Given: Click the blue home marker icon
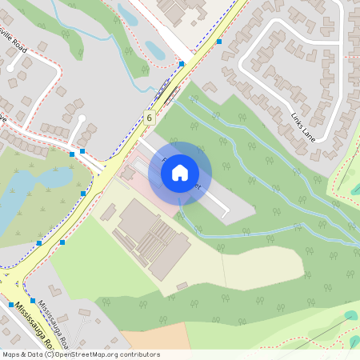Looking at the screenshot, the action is (180, 172).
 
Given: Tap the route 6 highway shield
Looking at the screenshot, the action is (150, 118).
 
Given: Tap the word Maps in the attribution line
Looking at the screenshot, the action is (11, 354).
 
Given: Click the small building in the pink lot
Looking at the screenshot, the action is (128, 173).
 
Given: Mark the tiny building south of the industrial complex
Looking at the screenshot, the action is (182, 286).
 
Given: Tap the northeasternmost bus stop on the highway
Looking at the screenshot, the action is (218, 42).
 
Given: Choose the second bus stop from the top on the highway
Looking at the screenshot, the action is (182, 64).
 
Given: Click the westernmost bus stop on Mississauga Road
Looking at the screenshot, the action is (11, 304).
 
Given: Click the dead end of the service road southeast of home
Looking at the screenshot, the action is (227, 214).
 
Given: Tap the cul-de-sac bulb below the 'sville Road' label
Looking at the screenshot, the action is (12, 67).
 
